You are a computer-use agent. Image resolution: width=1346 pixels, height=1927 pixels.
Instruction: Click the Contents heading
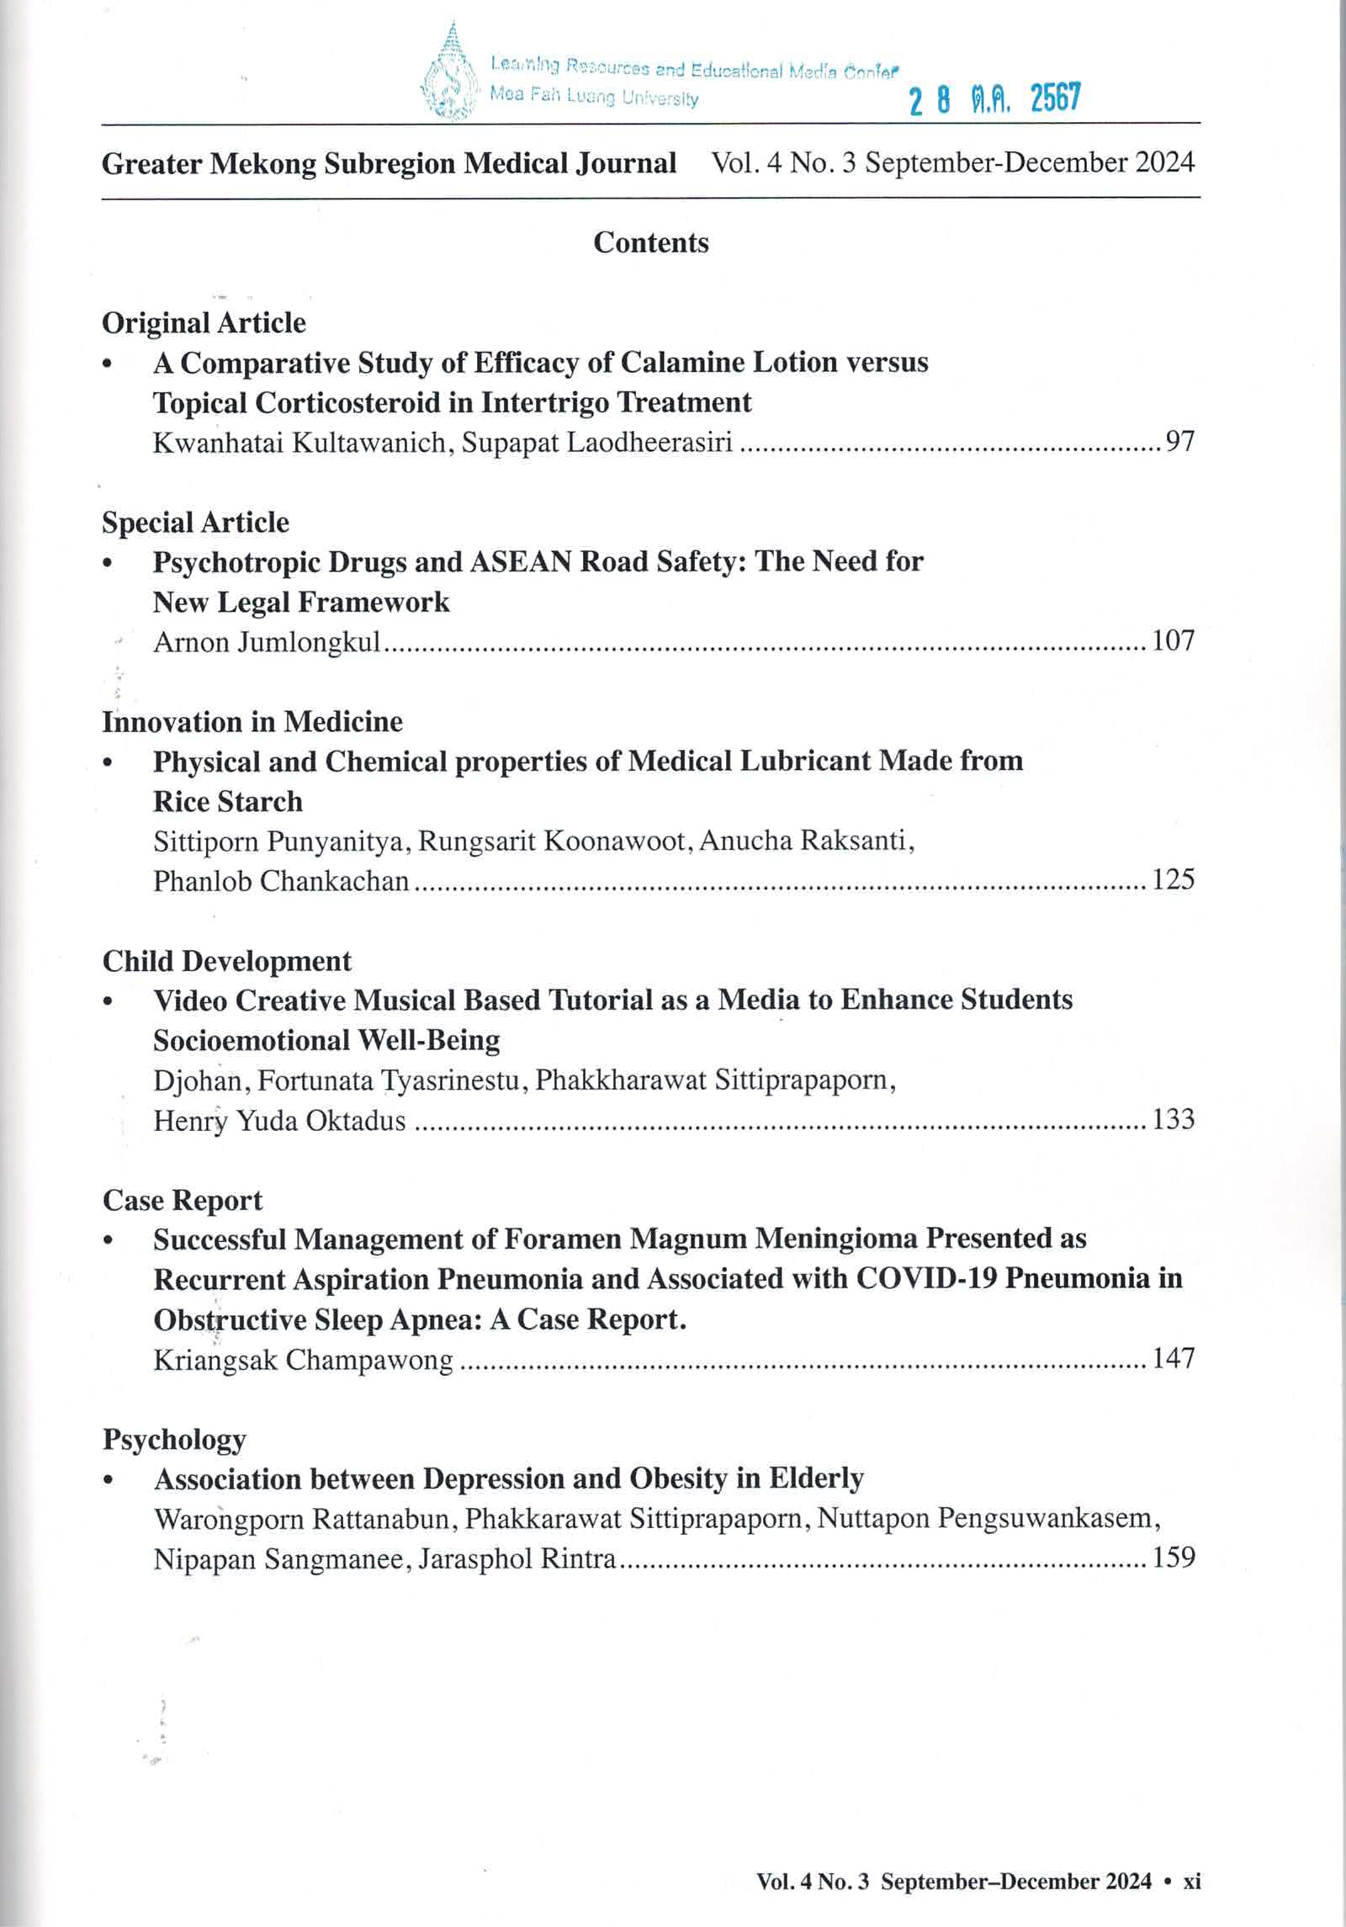650,242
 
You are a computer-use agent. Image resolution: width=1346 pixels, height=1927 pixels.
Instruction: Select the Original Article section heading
204,322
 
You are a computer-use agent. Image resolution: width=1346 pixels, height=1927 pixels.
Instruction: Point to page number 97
1179,441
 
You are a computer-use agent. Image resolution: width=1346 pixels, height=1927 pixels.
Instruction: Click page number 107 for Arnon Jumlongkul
1173,640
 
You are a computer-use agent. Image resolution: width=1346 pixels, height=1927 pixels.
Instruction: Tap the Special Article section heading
195,522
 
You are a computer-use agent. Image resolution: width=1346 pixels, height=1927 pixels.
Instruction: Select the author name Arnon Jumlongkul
267,642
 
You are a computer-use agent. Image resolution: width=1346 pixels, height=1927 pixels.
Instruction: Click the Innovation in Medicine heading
252,721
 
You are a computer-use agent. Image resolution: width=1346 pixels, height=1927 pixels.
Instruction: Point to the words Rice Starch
227,801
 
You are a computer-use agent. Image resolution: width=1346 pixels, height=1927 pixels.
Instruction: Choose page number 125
1173,879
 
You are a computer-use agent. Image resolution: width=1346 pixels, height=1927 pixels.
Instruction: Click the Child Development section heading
227,961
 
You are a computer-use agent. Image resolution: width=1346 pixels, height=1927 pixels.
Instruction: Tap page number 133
1173,1119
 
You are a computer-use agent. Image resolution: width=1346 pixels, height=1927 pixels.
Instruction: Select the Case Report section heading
183,1200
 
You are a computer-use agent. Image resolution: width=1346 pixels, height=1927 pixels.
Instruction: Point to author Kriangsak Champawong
303,1360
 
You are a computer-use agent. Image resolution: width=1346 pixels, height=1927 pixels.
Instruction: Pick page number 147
1173,1358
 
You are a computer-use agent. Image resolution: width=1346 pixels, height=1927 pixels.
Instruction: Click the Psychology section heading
174,1440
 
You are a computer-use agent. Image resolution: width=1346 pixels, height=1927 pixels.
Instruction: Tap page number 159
1173,1557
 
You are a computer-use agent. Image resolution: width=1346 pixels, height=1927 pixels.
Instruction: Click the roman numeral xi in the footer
1191,1882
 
